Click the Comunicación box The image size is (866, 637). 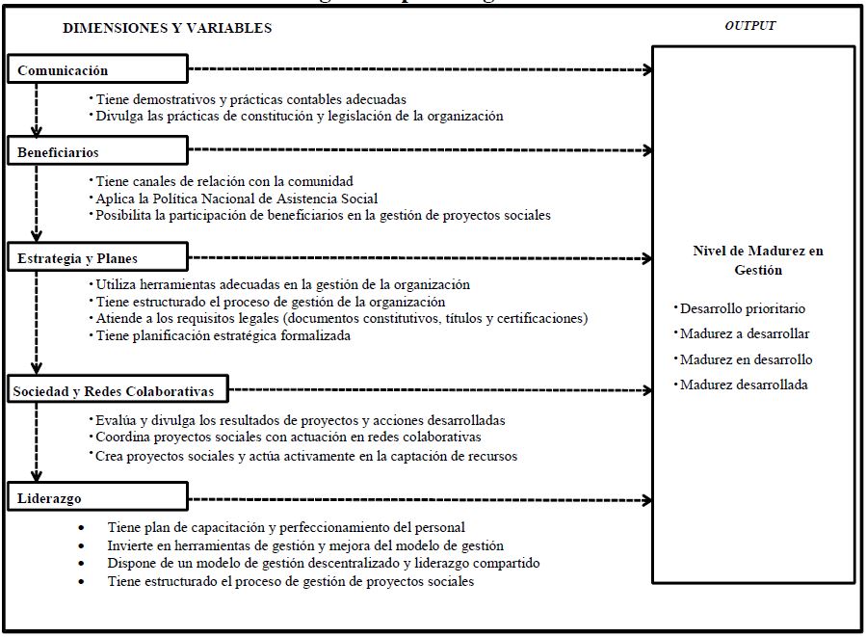click(x=96, y=69)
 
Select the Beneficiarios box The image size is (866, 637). click(x=96, y=150)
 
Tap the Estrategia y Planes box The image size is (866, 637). click(x=96, y=257)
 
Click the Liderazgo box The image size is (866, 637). click(x=96, y=498)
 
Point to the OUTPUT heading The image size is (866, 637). click(x=749, y=26)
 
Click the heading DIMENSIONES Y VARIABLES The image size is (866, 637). click(x=167, y=28)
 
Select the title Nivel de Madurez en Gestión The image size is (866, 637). click(x=758, y=260)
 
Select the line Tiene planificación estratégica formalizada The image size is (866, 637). click(x=223, y=335)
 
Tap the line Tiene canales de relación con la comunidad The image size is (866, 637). click(x=224, y=181)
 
